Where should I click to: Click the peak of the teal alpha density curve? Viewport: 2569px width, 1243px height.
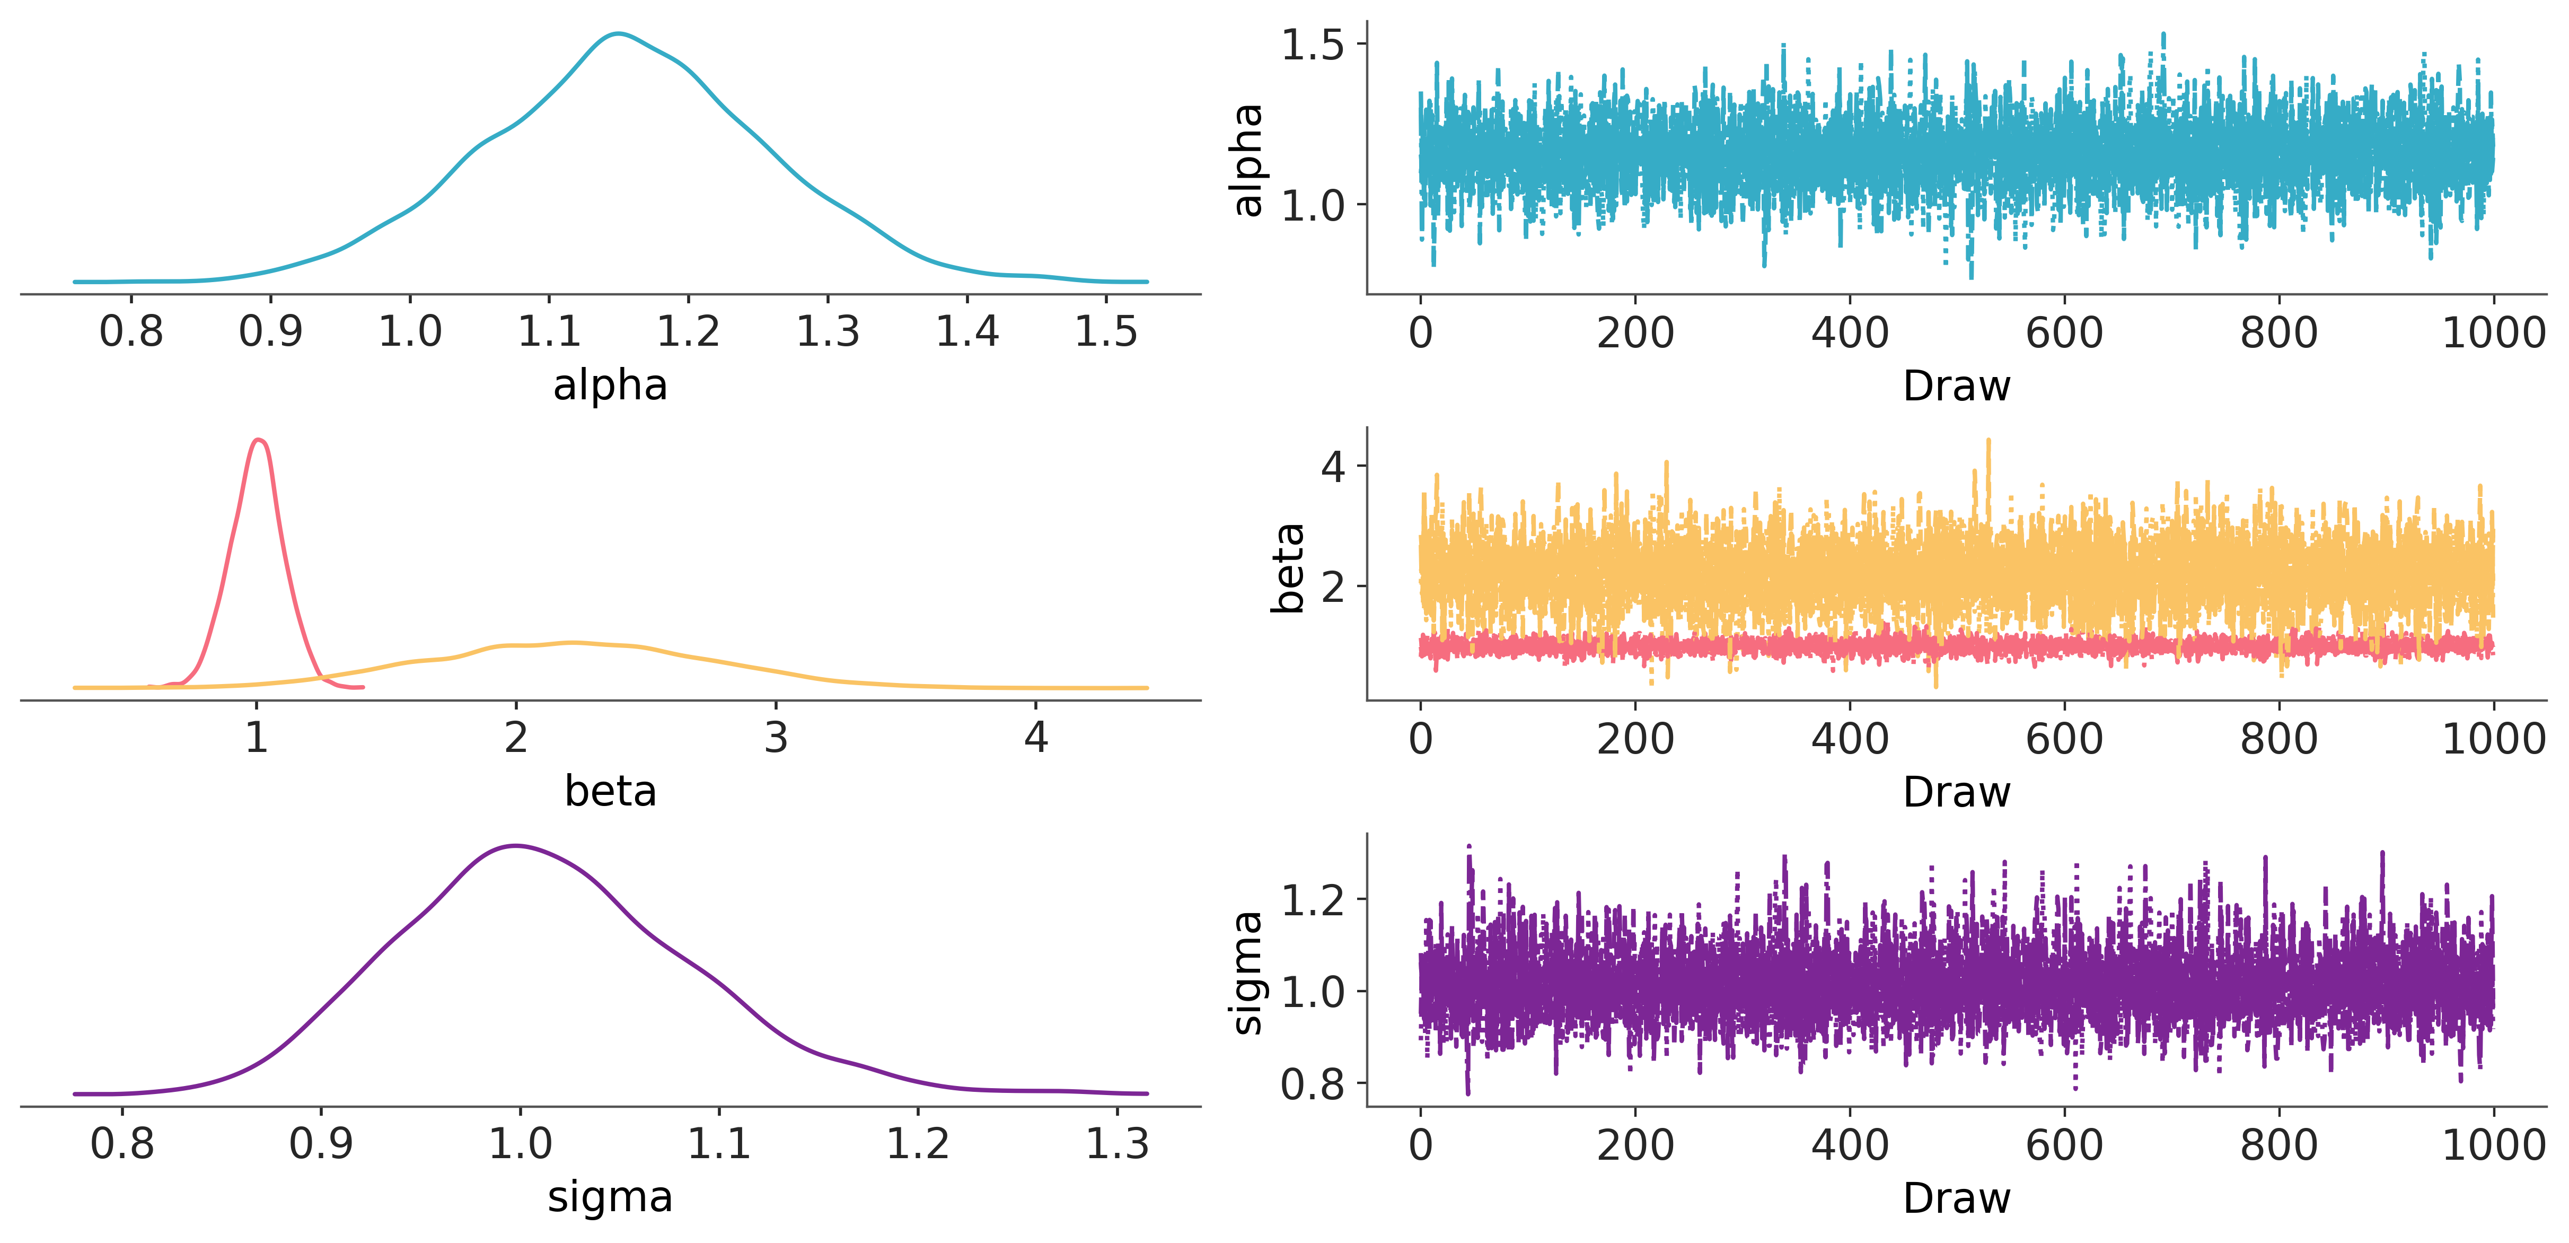(x=618, y=34)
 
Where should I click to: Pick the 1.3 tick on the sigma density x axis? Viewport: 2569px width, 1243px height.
(x=1117, y=1143)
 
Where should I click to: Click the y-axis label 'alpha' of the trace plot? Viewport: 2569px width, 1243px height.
(x=1247, y=160)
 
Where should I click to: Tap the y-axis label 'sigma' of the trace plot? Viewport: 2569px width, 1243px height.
(x=1247, y=973)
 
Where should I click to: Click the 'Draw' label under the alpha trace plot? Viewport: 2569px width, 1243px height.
(x=1956, y=386)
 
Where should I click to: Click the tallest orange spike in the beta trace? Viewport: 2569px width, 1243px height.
(x=1989, y=441)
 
